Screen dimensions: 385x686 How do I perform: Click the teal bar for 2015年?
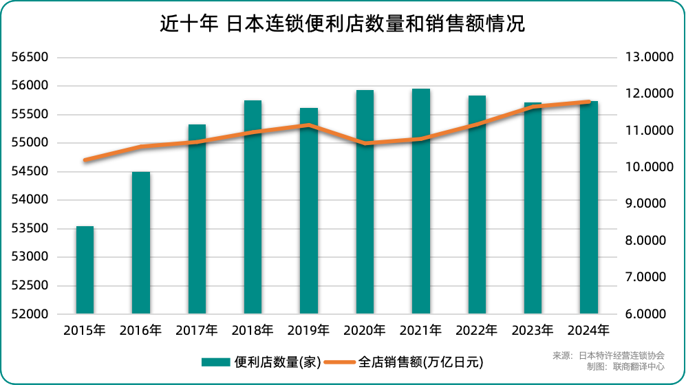click(85, 269)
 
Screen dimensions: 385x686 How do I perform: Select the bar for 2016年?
click(141, 243)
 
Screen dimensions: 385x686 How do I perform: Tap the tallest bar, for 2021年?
click(421, 201)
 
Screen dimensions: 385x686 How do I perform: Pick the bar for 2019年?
click(309, 210)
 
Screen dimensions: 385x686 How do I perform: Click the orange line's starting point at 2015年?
click(85, 160)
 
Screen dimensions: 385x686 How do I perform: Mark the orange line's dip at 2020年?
click(365, 144)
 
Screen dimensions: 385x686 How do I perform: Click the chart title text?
click(342, 25)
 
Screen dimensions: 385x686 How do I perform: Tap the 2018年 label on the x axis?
click(253, 331)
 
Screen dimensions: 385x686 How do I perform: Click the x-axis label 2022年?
click(477, 331)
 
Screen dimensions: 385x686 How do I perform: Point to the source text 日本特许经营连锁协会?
click(621, 355)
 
